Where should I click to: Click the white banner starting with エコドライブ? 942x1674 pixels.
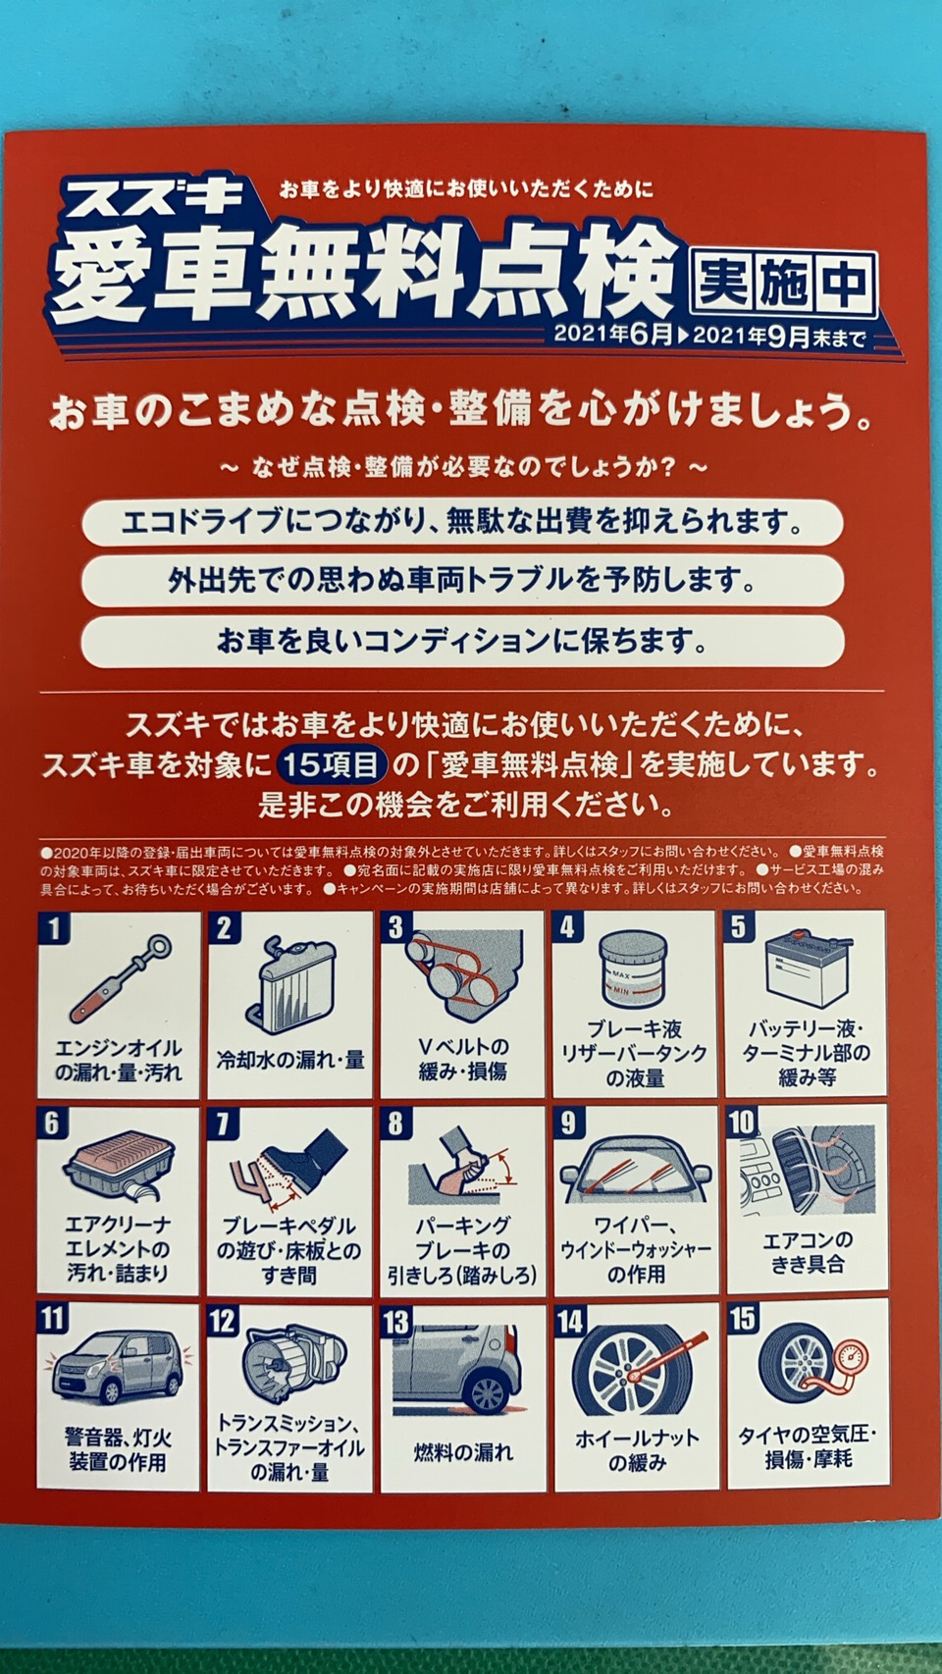click(x=462, y=522)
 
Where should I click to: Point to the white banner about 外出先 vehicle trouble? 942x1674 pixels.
click(x=462, y=581)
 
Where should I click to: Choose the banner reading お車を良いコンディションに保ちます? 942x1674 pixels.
click(x=462, y=641)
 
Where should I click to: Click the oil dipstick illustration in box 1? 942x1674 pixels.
click(x=120, y=978)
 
